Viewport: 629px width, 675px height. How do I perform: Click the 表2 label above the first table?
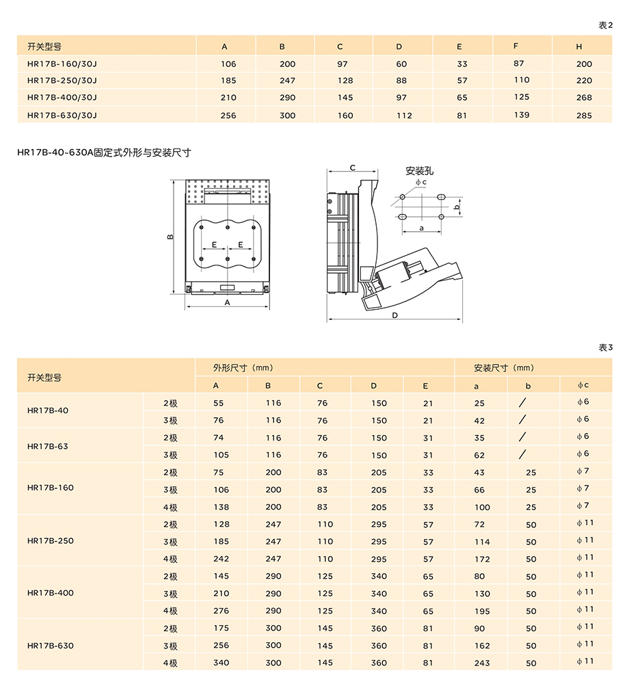tap(606, 25)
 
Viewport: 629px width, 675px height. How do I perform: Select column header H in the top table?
tap(579, 47)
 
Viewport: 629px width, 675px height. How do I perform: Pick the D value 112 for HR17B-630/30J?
tap(404, 116)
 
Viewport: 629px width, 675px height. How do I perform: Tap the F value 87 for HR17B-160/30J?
tap(519, 63)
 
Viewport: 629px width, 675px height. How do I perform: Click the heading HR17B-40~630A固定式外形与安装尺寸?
tap(104, 153)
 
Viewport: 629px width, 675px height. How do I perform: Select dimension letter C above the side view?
tap(353, 168)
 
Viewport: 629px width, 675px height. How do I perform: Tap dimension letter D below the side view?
tap(395, 315)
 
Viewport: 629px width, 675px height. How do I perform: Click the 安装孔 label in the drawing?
tap(419, 171)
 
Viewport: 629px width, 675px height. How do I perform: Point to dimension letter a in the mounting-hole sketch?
tap(421, 227)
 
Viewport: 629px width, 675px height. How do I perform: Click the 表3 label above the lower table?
tap(606, 347)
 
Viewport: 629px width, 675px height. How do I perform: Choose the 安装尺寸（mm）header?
tap(504, 368)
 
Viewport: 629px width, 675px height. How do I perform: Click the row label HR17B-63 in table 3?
tap(47, 446)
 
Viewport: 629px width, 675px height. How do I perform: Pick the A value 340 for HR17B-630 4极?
tap(222, 663)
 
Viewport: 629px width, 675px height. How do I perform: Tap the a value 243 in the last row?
tap(482, 663)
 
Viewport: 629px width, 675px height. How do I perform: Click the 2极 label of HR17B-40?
tap(170, 403)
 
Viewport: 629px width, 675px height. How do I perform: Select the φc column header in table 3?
tap(583, 386)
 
